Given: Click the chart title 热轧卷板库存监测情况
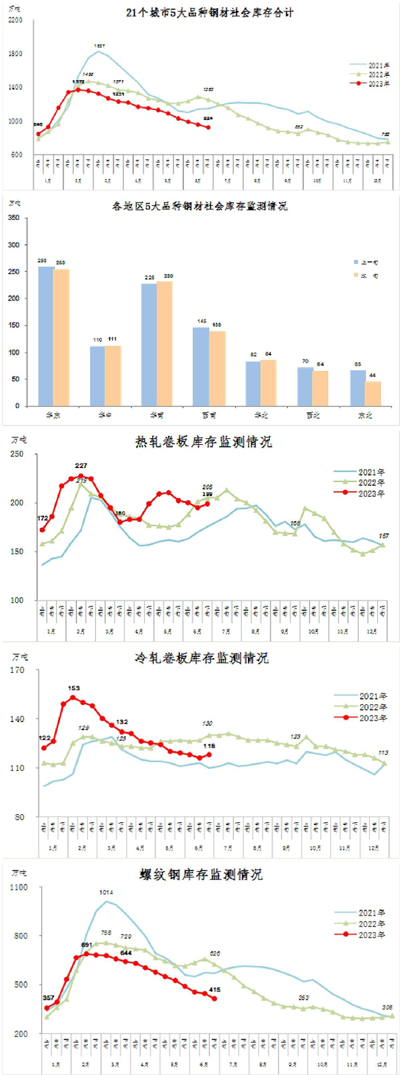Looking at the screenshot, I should (204, 442).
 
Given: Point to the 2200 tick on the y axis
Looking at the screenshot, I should (15, 20).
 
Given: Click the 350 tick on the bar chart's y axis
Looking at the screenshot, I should (14, 218).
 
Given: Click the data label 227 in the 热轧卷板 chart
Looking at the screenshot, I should (81, 466).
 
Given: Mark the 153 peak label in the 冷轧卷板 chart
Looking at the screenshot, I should (73, 688).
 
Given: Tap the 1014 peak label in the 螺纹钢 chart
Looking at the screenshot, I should (106, 892).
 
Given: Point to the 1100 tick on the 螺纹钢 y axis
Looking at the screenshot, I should (19, 888).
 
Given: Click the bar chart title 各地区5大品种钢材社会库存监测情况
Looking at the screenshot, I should (200, 207).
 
